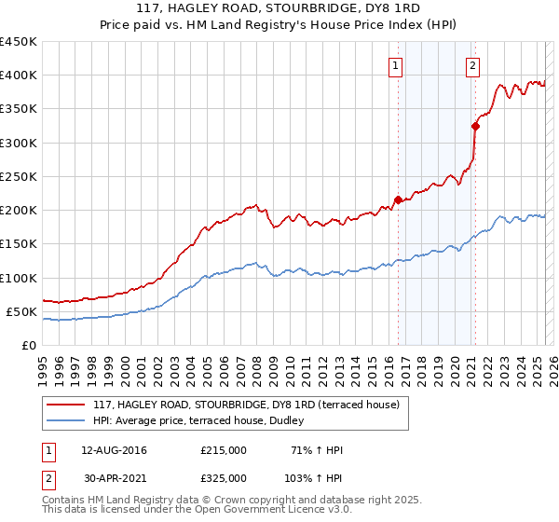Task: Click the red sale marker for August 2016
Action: [398, 199]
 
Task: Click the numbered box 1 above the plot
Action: [397, 65]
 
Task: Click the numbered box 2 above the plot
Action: [473, 65]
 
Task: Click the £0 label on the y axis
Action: [28, 345]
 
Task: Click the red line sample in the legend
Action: [65, 405]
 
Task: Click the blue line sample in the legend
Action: [65, 420]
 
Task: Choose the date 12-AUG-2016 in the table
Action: [114, 450]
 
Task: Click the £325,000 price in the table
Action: [224, 478]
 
